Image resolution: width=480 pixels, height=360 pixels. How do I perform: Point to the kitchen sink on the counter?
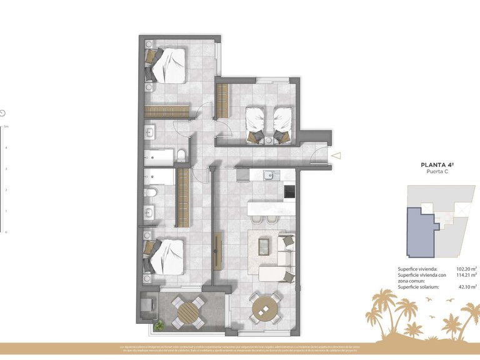[x=269, y=175]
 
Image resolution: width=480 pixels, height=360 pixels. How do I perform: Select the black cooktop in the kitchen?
[x=289, y=192]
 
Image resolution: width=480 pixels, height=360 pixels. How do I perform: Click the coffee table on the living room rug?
[x=265, y=246]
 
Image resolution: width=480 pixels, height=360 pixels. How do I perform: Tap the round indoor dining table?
[x=265, y=308]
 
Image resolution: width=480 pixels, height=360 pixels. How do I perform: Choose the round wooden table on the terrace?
[x=187, y=312]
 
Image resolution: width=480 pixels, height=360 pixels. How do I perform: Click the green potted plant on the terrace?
[x=160, y=324]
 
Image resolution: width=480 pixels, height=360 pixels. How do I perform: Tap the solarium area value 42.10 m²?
[x=466, y=287]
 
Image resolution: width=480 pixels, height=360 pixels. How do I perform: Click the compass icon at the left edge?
[x=3, y=113]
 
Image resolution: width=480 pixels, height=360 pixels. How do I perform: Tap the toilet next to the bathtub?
[x=180, y=155]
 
